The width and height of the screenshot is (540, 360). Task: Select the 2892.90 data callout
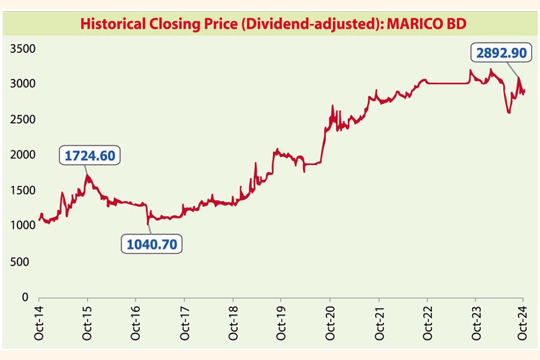pos(501,53)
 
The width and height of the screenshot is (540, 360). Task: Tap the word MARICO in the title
pos(412,25)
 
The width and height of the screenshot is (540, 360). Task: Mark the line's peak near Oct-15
pos(88,175)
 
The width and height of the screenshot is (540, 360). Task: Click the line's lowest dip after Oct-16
pos(148,224)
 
